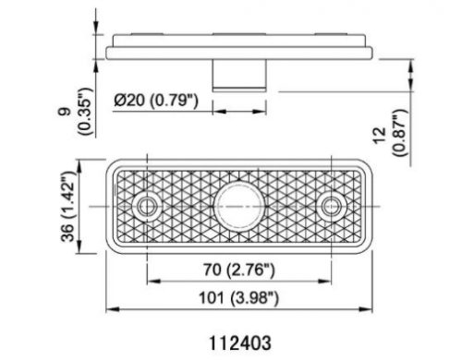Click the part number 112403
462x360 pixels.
[x=240, y=342]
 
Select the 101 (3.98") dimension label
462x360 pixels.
[x=238, y=298]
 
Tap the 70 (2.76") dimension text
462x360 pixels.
[x=238, y=270]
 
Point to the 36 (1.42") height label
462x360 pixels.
[x=67, y=206]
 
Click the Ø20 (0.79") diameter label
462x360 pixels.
[x=156, y=101]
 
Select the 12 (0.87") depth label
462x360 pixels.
[x=391, y=132]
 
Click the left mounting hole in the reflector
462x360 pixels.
[x=147, y=206]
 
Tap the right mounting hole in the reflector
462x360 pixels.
[x=332, y=206]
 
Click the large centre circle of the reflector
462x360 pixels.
[x=239, y=206]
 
